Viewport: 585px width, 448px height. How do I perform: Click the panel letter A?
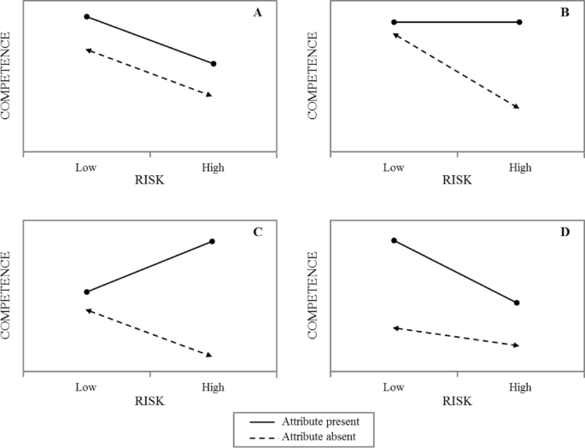[257, 12]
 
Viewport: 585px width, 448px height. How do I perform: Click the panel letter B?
[564, 12]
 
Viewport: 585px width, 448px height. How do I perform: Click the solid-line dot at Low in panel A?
[86, 16]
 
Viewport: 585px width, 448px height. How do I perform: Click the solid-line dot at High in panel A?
[213, 63]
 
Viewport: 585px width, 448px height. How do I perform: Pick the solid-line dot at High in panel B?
[519, 22]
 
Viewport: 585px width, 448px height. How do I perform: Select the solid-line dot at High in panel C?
[212, 241]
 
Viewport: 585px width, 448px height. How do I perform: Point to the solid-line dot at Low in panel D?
[394, 240]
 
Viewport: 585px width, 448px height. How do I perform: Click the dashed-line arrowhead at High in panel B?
[516, 106]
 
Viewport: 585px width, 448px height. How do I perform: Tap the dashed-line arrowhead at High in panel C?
[208, 354]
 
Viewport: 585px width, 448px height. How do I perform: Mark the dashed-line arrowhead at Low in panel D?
[395, 327]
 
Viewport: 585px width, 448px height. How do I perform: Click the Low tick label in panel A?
[86, 168]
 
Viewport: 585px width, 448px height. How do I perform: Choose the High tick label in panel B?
[519, 168]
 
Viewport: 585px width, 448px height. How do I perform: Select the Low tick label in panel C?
[86, 386]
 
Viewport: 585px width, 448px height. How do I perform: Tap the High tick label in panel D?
[519, 386]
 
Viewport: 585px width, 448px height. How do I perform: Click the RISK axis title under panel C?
[149, 401]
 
